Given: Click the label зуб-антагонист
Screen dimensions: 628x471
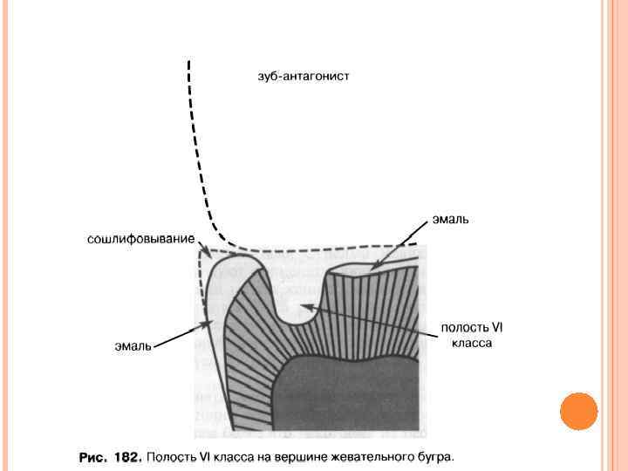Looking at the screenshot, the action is tap(303, 77).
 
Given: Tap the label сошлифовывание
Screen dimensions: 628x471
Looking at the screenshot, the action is tap(140, 238).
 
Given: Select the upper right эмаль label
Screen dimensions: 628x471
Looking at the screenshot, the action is tap(450, 220).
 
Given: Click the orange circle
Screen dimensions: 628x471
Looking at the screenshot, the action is tap(578, 411).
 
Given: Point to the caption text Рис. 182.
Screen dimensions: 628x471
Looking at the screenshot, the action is tap(109, 456).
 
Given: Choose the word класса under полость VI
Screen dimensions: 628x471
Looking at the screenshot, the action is tap(472, 343).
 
